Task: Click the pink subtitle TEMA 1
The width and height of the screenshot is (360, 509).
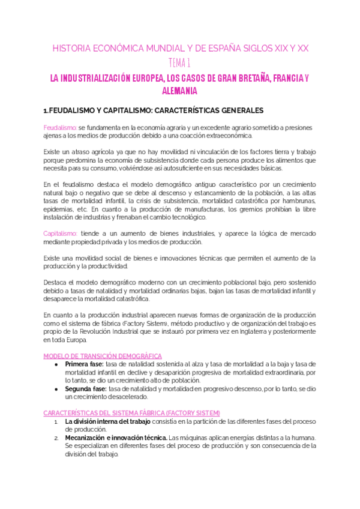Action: coord(180,62)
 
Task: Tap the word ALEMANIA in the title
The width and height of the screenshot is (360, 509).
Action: coord(179,91)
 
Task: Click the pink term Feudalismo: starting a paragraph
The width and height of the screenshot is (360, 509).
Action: coord(60,127)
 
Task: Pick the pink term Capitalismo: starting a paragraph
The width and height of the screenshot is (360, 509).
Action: coord(61,233)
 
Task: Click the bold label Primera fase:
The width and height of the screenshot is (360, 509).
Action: coord(84,364)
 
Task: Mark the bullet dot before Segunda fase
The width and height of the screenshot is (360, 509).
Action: coord(56,388)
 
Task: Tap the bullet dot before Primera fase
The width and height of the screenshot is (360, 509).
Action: coord(56,364)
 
